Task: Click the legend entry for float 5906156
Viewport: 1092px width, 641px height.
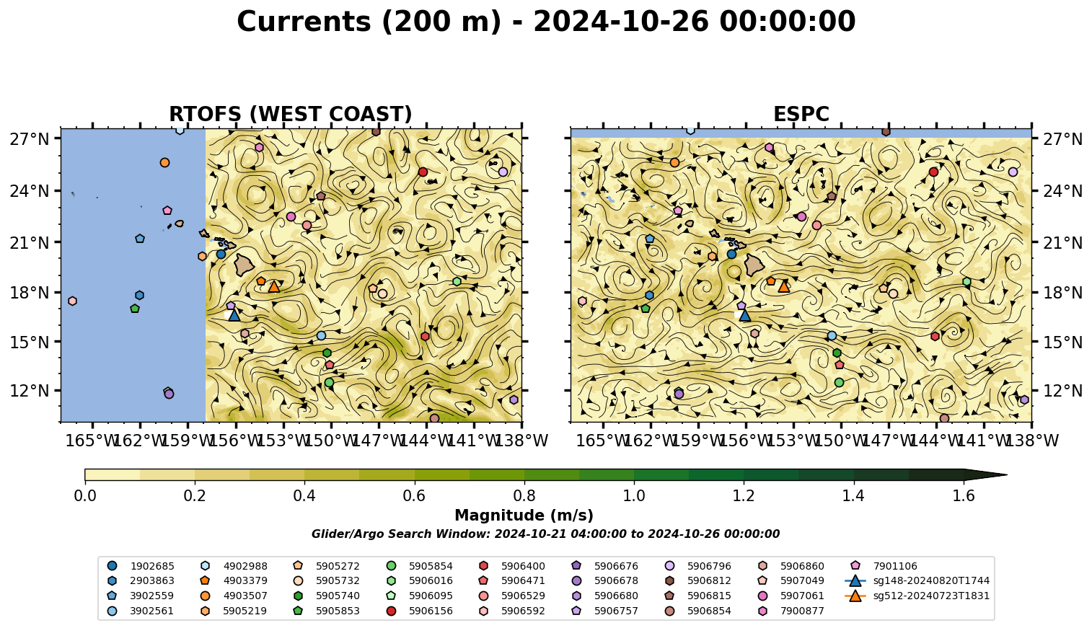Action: (422, 611)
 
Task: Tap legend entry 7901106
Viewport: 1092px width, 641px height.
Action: (886, 566)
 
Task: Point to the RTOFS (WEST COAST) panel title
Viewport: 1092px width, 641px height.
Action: (291, 114)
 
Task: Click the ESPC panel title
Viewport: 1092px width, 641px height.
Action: (801, 114)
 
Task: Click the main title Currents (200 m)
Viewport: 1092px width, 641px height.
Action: (369, 22)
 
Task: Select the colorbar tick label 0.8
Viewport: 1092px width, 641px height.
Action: (524, 496)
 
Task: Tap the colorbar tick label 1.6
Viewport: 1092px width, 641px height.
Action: (964, 496)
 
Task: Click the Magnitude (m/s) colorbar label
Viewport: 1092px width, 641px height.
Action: (524, 516)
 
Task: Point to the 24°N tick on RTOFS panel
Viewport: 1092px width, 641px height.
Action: (30, 191)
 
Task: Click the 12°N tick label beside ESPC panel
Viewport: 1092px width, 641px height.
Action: (1062, 391)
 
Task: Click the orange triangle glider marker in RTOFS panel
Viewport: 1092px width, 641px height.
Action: (274, 287)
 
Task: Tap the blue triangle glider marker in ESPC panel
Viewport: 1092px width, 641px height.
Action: (744, 315)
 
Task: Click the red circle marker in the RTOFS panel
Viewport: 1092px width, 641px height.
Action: (423, 172)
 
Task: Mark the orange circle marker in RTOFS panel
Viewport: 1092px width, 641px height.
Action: (164, 163)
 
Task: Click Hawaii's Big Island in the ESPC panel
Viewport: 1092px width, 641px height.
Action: (754, 265)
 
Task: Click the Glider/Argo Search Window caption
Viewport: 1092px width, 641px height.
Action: (545, 534)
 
